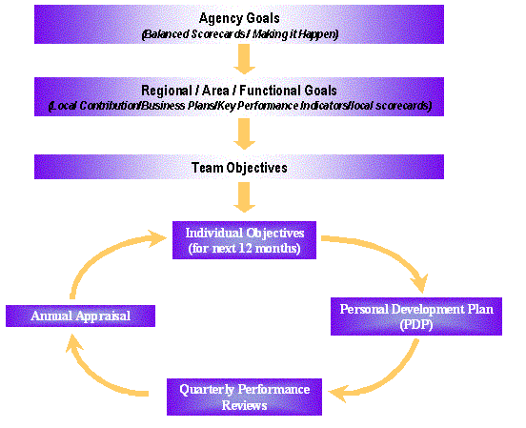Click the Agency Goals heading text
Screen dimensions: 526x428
239,18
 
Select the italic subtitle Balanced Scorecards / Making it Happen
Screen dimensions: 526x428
240,34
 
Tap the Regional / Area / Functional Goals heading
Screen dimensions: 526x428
239,91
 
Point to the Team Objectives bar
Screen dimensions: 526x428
239,167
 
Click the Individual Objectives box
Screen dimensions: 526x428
244,240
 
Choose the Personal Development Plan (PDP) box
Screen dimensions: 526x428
416,316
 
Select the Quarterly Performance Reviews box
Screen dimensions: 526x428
244,397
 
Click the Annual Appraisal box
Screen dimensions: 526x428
80,316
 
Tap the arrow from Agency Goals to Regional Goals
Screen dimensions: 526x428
244,59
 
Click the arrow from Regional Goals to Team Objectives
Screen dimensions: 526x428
244,134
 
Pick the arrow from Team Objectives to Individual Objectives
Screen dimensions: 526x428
244,197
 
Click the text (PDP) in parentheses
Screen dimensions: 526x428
416,325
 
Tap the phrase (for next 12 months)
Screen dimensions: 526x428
244,249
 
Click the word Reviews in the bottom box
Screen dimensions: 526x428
244,405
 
